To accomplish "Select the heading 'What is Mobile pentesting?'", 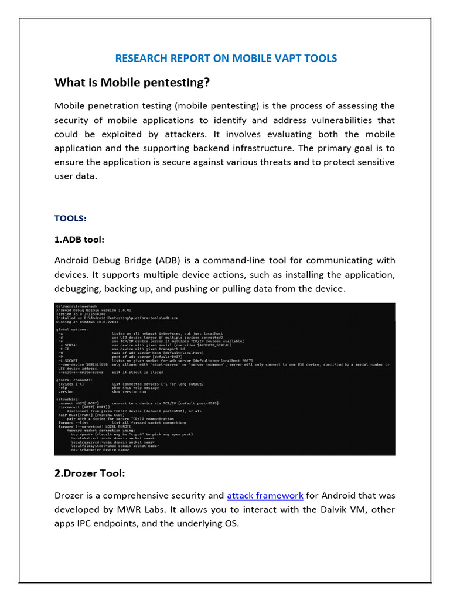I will pyautogui.click(x=132, y=83).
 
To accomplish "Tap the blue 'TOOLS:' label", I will pyautogui.click(x=70, y=218).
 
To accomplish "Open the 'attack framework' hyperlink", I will pyautogui.click(x=265, y=495).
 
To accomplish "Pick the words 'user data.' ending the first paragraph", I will pyautogui.click(x=75, y=176).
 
